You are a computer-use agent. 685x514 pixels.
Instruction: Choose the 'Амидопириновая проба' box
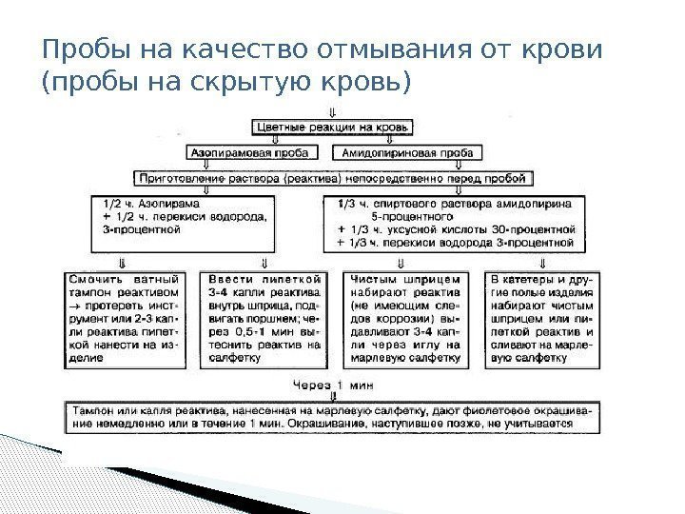(403, 151)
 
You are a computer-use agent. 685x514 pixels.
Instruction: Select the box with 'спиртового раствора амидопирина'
(456, 223)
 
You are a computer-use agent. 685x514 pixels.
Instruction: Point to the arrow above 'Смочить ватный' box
(121, 262)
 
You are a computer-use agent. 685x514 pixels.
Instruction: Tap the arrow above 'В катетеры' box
(542, 262)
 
